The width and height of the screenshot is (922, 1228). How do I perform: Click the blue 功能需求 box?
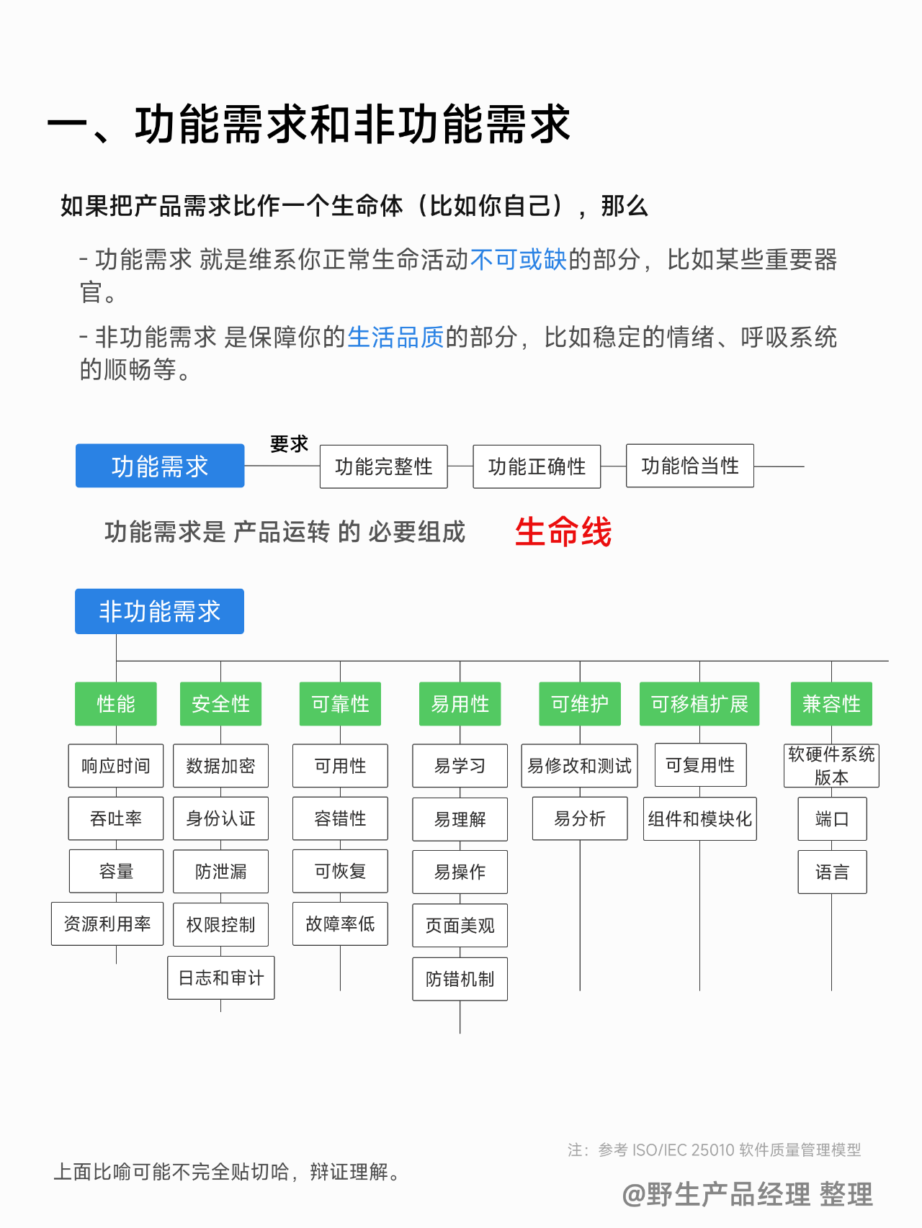pos(159,466)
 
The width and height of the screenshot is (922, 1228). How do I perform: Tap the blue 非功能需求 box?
pos(159,611)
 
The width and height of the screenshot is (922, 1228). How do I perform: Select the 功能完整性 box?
pos(383,466)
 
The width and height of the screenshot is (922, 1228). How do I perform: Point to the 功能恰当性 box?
pos(689,466)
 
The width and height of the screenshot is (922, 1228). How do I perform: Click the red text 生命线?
pos(563,532)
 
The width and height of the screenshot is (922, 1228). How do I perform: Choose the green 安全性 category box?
pos(220,703)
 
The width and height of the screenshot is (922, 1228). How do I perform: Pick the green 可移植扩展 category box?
pos(699,703)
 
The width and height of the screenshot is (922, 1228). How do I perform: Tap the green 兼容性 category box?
pos(831,703)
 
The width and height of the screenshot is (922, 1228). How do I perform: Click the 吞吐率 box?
pos(116,818)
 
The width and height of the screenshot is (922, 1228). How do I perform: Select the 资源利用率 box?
pos(107,924)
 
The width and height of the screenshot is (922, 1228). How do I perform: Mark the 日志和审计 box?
pos(221,978)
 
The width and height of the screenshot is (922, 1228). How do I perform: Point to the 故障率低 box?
pos(340,924)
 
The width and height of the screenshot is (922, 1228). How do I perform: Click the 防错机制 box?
pos(460,979)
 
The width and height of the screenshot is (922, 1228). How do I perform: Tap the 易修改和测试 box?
pos(579,765)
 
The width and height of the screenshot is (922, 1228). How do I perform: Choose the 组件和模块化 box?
pos(699,818)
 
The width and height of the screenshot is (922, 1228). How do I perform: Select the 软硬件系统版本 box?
pos(831,765)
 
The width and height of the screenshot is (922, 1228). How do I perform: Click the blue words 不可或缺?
pos(519,259)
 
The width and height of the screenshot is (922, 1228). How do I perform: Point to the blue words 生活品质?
pos(395,337)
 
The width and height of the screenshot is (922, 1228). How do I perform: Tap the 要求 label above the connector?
pos(289,443)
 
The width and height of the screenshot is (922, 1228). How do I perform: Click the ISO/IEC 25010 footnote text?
pos(714,1150)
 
